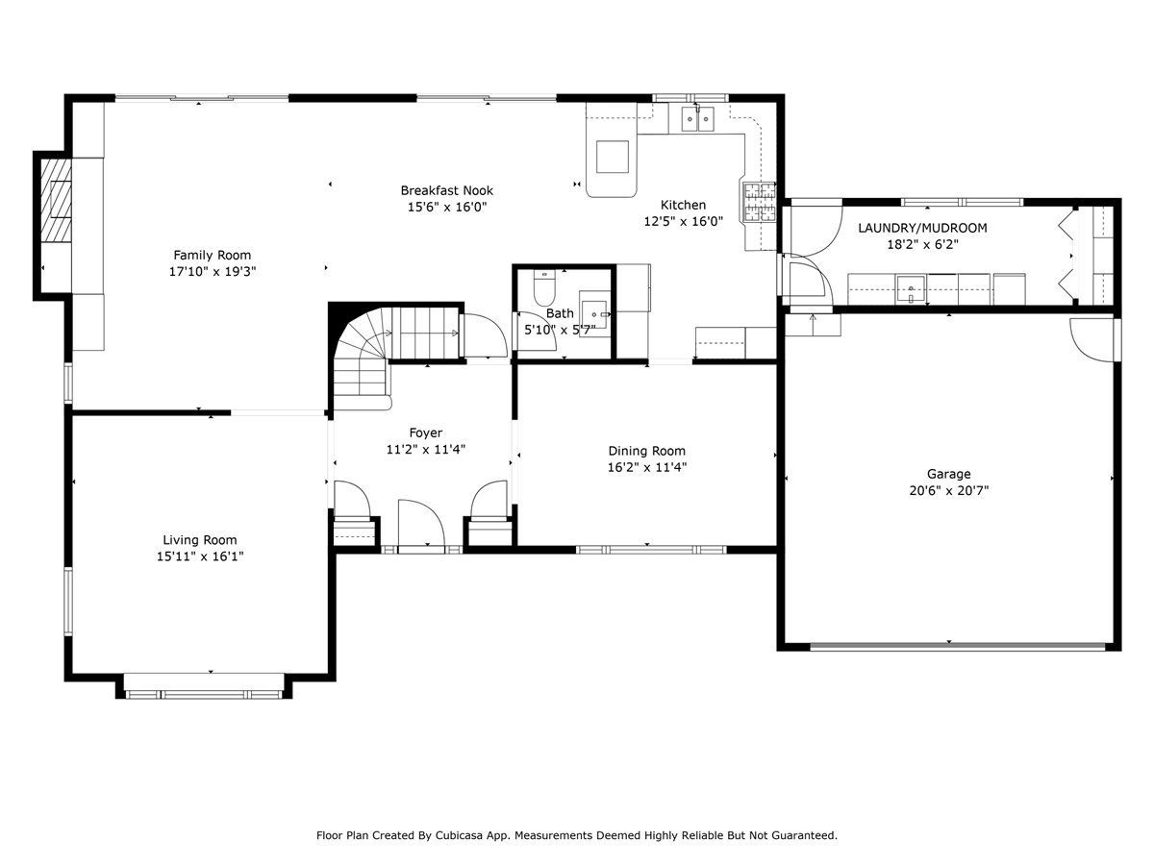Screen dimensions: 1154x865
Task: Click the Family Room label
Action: tap(212, 256)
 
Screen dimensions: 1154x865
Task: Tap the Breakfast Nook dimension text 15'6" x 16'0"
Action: tap(447, 207)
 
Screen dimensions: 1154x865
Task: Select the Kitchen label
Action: tap(683, 205)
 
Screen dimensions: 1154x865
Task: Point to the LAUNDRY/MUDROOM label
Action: tap(922, 228)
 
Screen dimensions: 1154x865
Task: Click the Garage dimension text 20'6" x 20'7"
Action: tap(948, 490)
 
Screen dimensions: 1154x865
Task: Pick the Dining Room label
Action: tap(646, 451)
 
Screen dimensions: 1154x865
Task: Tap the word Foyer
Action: tap(425, 432)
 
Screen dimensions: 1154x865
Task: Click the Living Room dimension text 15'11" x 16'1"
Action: tap(200, 556)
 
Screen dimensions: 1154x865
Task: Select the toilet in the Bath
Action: tap(544, 287)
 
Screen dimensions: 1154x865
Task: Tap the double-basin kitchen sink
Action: tap(697, 119)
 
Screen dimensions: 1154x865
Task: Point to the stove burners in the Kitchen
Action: tap(759, 202)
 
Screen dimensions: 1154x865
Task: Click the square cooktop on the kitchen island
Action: tap(612, 157)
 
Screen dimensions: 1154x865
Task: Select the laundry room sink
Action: tap(911, 289)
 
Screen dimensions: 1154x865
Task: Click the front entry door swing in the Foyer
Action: tap(421, 524)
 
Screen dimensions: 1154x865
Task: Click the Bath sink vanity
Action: tap(594, 314)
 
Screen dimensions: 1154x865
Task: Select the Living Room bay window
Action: tap(204, 694)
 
